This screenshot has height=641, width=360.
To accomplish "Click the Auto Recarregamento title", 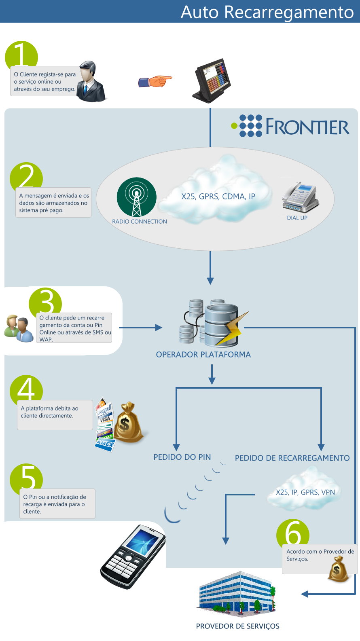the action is point(267,12).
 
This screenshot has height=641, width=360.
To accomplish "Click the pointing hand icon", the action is point(155,81).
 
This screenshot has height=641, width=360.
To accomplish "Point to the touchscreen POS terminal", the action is point(212,80).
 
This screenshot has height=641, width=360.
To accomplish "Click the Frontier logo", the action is point(290,126).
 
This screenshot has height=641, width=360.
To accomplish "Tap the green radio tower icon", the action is point(136,197).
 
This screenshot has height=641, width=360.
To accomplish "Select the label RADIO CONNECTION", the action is point(140,222).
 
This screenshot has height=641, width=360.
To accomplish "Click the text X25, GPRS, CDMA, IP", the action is point(218,196).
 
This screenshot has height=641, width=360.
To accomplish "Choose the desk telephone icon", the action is point(300,197).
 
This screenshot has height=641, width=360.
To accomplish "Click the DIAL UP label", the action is point(297,218).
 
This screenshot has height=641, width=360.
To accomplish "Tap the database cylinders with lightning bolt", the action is point(214,322).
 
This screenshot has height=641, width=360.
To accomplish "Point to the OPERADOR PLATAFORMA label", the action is point(203,355).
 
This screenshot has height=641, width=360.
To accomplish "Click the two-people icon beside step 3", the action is point(19,328).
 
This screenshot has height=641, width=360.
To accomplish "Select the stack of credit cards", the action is point(105,425).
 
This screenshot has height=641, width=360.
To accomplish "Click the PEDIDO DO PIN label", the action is point(182,457).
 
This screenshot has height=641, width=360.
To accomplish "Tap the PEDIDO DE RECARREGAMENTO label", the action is point(292,458).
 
